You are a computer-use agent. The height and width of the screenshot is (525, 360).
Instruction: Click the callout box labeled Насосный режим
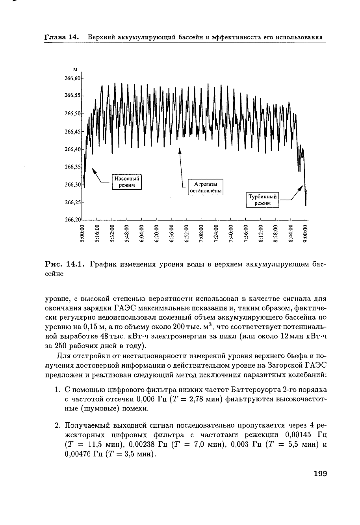point(126,182)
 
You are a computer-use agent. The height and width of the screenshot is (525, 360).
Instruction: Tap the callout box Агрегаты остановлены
point(206,187)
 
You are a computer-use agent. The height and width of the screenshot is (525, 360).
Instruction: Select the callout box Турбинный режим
point(262,200)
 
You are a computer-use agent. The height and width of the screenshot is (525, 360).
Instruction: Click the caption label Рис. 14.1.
point(65,264)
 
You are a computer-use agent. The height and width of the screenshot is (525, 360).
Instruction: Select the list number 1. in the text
point(58,390)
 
